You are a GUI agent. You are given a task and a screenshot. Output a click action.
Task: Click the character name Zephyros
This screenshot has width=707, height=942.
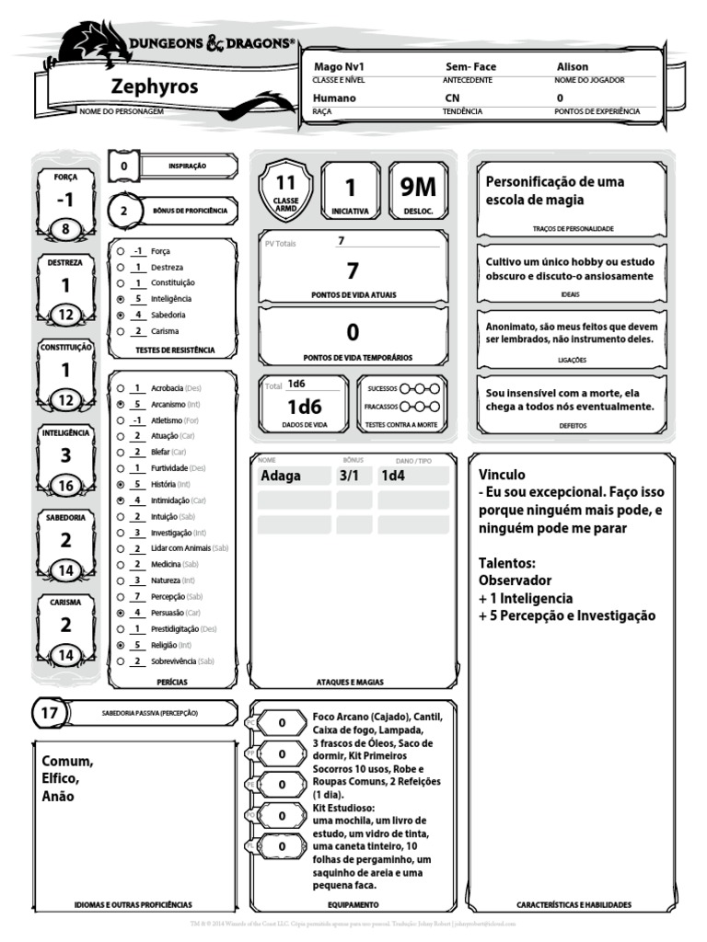(154, 87)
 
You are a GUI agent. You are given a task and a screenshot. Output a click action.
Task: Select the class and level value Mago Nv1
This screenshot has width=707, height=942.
(340, 67)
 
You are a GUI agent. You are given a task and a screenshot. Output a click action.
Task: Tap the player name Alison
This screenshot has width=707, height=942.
(572, 67)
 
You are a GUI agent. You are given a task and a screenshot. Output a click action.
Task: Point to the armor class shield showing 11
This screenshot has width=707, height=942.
(285, 190)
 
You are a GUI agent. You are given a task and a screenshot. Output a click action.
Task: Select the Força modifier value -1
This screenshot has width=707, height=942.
(65, 200)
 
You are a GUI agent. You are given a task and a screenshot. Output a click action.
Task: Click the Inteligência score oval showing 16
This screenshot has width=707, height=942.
(65, 486)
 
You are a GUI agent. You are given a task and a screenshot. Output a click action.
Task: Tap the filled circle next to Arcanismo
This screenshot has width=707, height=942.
(121, 404)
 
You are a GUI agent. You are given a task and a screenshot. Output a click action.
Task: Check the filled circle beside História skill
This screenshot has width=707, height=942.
(121, 484)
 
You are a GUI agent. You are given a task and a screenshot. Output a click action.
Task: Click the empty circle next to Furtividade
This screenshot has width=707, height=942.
(121, 467)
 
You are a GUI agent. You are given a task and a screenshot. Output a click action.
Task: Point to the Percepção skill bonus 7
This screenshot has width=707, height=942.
(136, 595)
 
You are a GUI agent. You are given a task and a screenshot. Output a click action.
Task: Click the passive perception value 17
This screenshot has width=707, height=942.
(50, 713)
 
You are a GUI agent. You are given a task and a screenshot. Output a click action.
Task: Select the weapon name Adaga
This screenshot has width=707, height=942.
(281, 476)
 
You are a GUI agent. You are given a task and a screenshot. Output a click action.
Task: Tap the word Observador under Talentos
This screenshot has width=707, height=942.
(515, 580)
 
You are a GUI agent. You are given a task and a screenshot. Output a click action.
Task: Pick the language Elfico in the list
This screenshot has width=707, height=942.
(60, 779)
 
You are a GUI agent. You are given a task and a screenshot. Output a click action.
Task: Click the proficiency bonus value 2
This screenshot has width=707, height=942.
(124, 211)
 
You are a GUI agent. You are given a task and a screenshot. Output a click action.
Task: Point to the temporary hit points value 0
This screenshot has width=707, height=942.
(353, 332)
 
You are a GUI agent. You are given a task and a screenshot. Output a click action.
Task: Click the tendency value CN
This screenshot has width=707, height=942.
(452, 98)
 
